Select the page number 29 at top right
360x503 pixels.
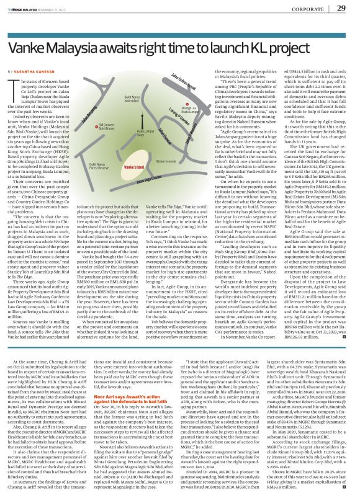coord(341,8)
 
